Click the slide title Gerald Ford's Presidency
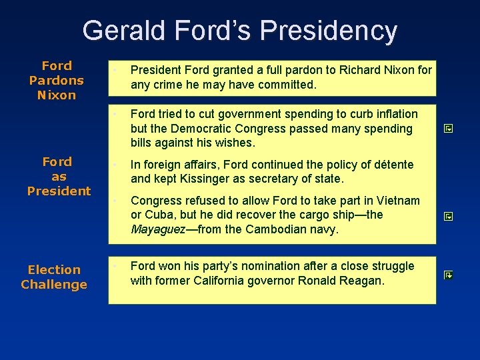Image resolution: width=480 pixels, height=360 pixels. [x=239, y=31]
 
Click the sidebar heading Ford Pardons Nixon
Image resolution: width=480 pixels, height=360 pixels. [x=57, y=80]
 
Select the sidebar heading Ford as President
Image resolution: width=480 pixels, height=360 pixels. [x=59, y=176]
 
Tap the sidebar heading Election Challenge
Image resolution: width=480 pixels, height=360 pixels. [x=54, y=277]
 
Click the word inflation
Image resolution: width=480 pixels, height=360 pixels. [x=395, y=114]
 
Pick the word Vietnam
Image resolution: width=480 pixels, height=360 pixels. [x=398, y=201]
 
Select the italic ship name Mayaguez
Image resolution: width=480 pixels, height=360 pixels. [x=157, y=230]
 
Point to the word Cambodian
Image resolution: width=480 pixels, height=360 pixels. [x=279, y=230]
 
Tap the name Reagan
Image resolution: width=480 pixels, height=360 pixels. [x=361, y=281]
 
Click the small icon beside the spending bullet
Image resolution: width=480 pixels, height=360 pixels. [x=448, y=129]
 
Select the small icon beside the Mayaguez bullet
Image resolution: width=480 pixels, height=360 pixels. [x=448, y=216]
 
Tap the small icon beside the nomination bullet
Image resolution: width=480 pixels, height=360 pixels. [x=448, y=274]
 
